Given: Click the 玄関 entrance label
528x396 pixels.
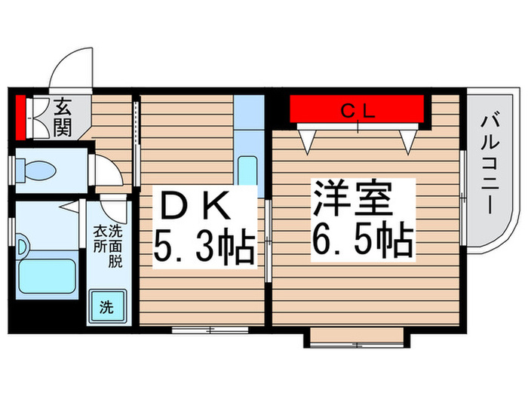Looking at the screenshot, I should click(62, 118).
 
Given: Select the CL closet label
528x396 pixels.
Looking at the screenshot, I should click(358, 111).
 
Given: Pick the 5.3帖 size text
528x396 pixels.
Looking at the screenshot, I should click(204, 246).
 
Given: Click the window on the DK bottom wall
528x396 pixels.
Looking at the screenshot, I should click(201, 329).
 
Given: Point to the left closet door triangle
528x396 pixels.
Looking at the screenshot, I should click(306, 138).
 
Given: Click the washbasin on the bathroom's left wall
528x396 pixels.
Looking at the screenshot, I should click(22, 246).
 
